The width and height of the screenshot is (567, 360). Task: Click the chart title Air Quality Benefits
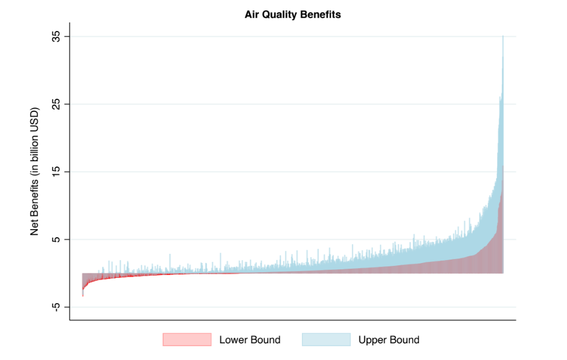(293, 15)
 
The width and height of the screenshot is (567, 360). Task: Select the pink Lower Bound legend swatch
(187, 340)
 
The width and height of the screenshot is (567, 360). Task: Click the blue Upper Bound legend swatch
(326, 340)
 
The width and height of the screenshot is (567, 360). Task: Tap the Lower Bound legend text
(250, 340)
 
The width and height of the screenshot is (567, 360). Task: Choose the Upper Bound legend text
(389, 340)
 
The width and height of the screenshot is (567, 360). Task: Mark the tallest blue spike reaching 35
(503, 38)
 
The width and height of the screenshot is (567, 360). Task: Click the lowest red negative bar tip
(83, 295)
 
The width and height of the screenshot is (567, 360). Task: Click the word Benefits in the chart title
(321, 15)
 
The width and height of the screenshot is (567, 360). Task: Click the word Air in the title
(252, 15)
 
